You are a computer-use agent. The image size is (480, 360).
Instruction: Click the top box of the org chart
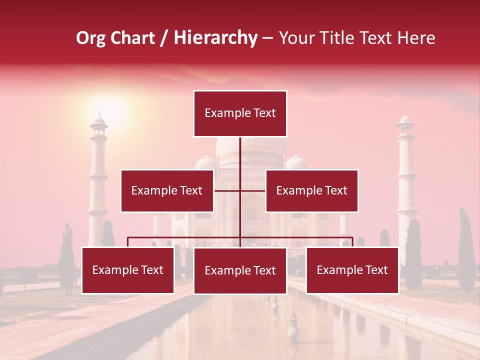coord(240,113)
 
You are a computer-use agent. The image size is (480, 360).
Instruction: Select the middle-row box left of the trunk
coord(167,190)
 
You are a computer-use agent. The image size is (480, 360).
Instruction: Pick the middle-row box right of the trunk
coord(311,190)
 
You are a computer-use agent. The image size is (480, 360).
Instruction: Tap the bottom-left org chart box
coord(128,270)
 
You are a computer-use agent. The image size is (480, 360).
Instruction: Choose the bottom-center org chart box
coord(240,270)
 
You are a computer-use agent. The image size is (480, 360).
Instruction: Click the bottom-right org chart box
coord(352,270)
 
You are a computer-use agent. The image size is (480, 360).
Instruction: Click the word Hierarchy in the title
coord(215,38)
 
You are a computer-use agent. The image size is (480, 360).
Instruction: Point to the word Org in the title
coord(90,38)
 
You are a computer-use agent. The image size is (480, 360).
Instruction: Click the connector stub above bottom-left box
coord(128,242)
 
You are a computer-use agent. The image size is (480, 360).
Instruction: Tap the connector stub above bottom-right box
coord(352,242)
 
